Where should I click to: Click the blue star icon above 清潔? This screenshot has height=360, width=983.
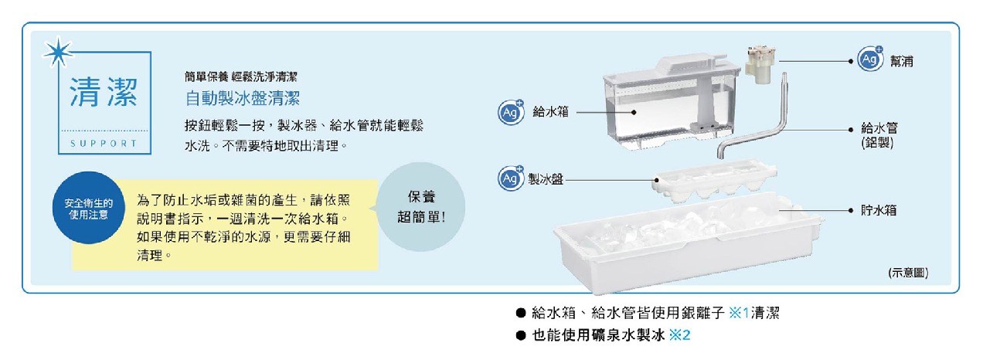click(56, 53)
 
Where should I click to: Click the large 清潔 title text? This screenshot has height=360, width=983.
click(104, 93)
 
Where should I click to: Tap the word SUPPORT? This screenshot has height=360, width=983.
click(103, 144)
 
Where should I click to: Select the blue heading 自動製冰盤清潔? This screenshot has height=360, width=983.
click(242, 99)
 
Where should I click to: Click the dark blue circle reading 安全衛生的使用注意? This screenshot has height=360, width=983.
click(87, 208)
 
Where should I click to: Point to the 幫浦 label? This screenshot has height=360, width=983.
click(900, 60)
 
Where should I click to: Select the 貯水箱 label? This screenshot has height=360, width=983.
click(879, 209)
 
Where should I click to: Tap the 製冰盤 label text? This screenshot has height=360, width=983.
click(545, 179)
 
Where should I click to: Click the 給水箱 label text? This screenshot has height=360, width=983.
click(550, 112)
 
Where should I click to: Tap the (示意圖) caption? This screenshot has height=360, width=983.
click(908, 273)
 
